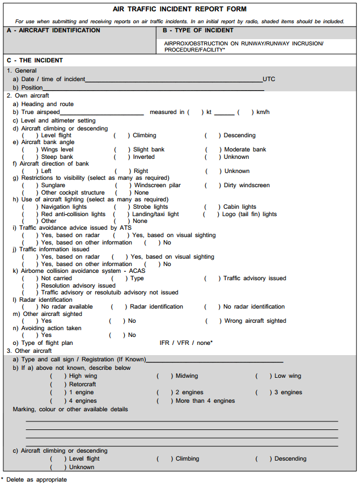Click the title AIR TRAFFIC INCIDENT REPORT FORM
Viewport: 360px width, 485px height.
click(x=179, y=9)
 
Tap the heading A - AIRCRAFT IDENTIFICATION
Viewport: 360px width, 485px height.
click(x=53, y=31)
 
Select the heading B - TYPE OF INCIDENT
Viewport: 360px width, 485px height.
click(x=198, y=31)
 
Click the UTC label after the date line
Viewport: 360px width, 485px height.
click(x=269, y=79)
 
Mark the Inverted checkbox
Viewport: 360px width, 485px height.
click(x=120, y=157)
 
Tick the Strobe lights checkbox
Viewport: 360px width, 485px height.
click(x=120, y=207)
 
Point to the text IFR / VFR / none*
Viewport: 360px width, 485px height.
click(x=186, y=343)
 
